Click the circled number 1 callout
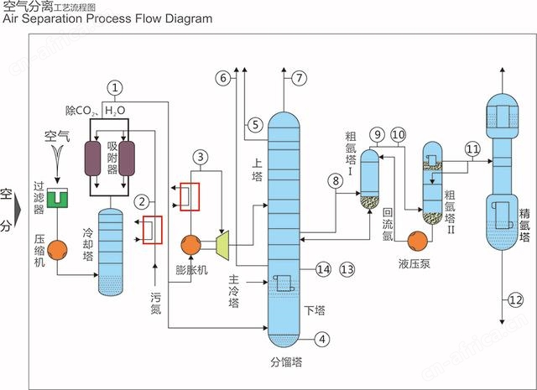116,86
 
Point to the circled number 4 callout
323,340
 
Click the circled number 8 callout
336,179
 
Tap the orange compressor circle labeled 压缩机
57,249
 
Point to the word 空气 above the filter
56,134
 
